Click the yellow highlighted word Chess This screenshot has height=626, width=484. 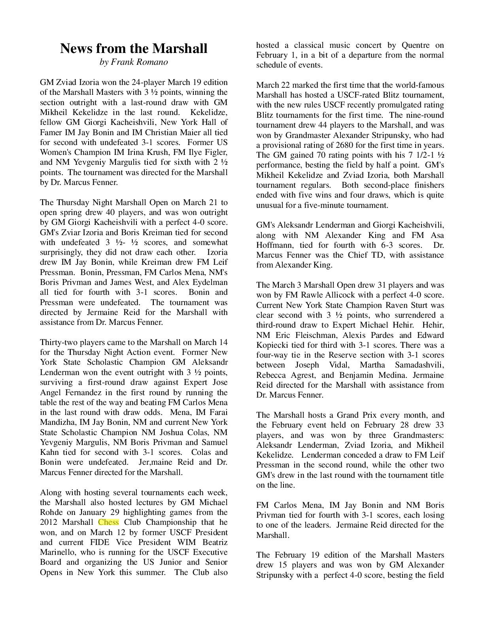click(x=108, y=522)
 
